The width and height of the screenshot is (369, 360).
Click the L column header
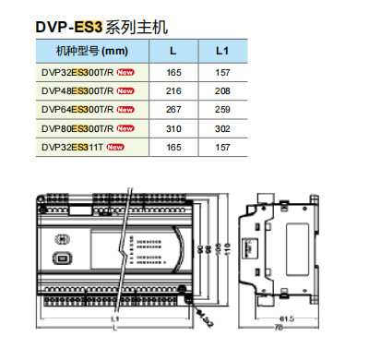173,51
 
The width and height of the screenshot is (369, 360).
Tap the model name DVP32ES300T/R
77,70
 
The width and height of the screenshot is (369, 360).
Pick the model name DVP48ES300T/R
77,90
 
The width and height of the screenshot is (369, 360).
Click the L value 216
173,90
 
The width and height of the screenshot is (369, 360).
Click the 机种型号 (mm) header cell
90,51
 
